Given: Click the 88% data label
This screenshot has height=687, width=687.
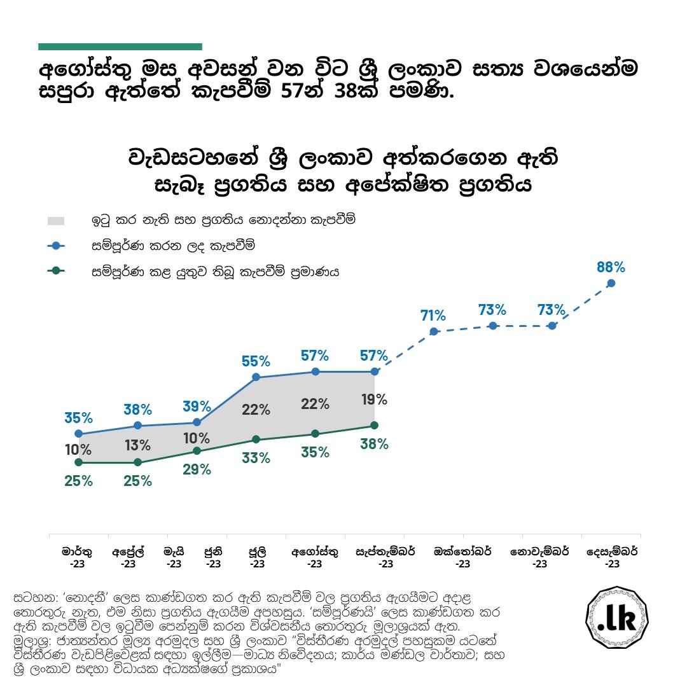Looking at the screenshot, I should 611,267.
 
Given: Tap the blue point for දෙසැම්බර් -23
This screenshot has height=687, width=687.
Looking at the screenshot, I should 611,284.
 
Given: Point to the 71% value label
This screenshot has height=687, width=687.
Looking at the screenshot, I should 433,315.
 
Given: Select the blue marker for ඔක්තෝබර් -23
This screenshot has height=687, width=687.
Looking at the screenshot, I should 434,331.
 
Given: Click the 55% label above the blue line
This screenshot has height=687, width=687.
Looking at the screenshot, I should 256,361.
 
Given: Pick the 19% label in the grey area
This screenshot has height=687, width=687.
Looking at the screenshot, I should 373,399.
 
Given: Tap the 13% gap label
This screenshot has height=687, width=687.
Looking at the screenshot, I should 137,445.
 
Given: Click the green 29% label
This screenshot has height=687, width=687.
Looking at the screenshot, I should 197,469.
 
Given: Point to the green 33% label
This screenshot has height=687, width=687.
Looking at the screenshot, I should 256,457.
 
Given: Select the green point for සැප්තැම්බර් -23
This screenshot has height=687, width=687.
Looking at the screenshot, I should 374,425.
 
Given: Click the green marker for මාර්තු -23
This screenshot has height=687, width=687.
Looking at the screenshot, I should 78,462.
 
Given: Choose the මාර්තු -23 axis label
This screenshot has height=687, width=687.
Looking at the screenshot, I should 77,557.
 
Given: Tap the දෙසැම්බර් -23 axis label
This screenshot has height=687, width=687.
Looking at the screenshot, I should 612,557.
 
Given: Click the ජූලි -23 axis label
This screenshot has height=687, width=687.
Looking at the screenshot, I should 257,557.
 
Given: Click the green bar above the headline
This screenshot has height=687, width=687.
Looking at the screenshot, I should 120,46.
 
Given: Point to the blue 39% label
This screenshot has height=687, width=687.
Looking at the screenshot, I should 197,406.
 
